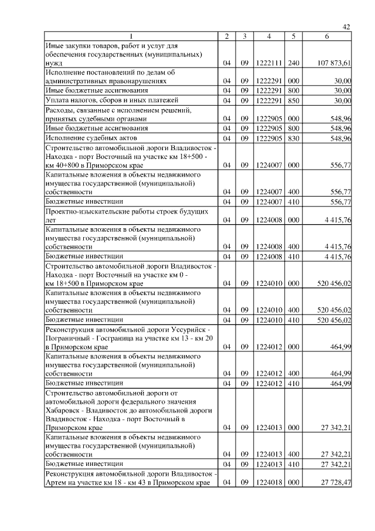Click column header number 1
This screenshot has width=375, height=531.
(131, 36)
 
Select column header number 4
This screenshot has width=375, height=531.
(268, 36)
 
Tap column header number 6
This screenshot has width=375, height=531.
(327, 36)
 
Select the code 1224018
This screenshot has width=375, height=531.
(268, 482)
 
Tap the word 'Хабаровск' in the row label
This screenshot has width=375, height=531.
(64, 411)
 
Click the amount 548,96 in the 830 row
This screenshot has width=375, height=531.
(340, 138)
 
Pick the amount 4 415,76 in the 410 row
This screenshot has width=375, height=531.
(336, 256)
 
